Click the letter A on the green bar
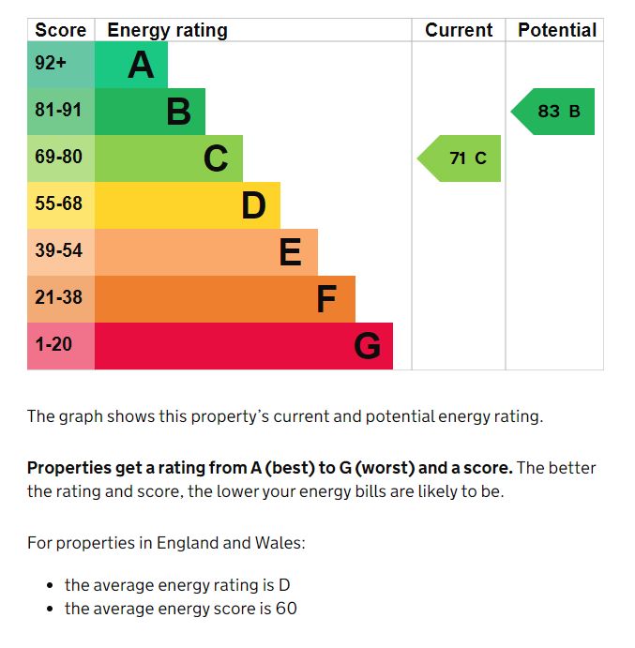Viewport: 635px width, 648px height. [141, 65]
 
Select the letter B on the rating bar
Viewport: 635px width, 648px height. [178, 112]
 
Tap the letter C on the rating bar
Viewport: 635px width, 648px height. [216, 158]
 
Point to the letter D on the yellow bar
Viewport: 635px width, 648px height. [253, 205]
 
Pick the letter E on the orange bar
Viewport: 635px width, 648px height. [291, 252]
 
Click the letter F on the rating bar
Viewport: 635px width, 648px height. [326, 299]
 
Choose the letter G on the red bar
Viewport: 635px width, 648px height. [367, 346]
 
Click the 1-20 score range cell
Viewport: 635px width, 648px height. [54, 345]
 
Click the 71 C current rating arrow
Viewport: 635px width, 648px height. [461, 158]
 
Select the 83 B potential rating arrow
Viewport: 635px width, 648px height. [554, 112]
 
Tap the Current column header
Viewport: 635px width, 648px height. [459, 30]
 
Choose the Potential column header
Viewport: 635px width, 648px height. [557, 30]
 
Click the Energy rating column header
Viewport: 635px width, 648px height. [167, 30]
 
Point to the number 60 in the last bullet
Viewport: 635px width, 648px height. [286, 609]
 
